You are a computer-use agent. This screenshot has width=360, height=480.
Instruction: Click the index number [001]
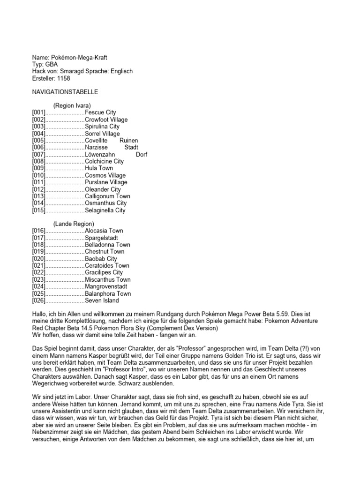point(38,112)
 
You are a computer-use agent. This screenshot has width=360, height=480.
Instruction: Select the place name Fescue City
point(100,112)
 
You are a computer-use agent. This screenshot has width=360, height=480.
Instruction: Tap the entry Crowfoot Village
point(106,120)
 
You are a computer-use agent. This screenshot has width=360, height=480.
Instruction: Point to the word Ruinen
point(129,141)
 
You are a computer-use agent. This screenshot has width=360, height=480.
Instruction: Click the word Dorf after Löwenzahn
point(142,154)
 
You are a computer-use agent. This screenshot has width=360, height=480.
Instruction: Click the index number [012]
point(38,189)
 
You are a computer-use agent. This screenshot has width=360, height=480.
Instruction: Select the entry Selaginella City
point(105,210)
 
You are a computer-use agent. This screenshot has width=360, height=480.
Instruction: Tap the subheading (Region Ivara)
point(72,105)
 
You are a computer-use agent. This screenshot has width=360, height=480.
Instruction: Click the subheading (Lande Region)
point(74,224)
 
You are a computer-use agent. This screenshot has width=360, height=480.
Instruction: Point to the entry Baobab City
point(101,259)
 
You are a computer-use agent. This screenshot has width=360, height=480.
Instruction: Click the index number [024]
point(38,286)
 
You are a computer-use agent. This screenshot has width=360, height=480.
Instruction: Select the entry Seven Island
point(102,300)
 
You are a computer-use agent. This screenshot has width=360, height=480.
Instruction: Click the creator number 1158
point(64,78)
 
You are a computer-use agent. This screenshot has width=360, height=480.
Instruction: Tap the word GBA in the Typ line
point(52,64)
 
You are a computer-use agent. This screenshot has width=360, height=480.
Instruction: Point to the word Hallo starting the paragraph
point(40,314)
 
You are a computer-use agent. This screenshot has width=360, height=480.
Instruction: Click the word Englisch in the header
point(120,71)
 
